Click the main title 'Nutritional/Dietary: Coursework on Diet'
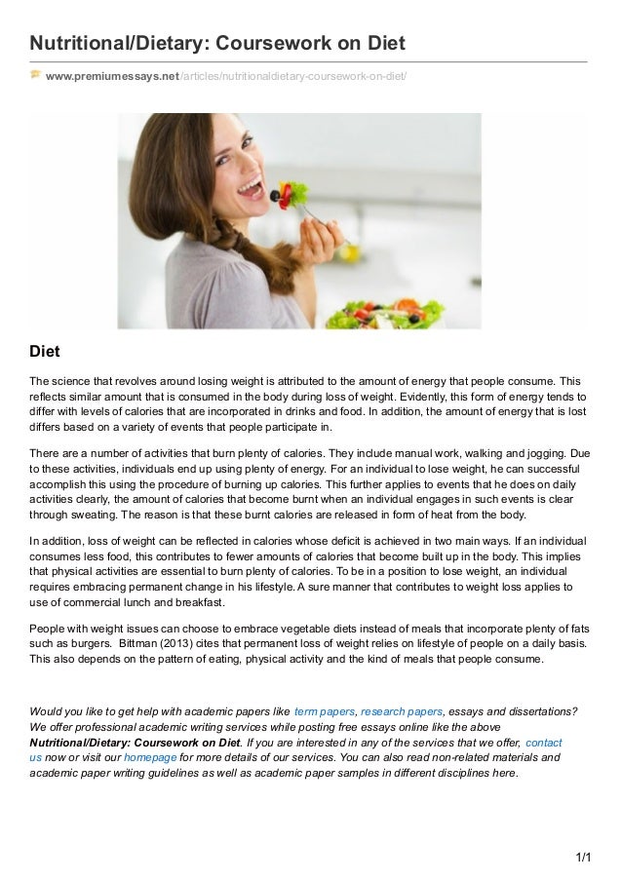[216, 45]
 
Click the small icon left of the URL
[36, 75]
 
